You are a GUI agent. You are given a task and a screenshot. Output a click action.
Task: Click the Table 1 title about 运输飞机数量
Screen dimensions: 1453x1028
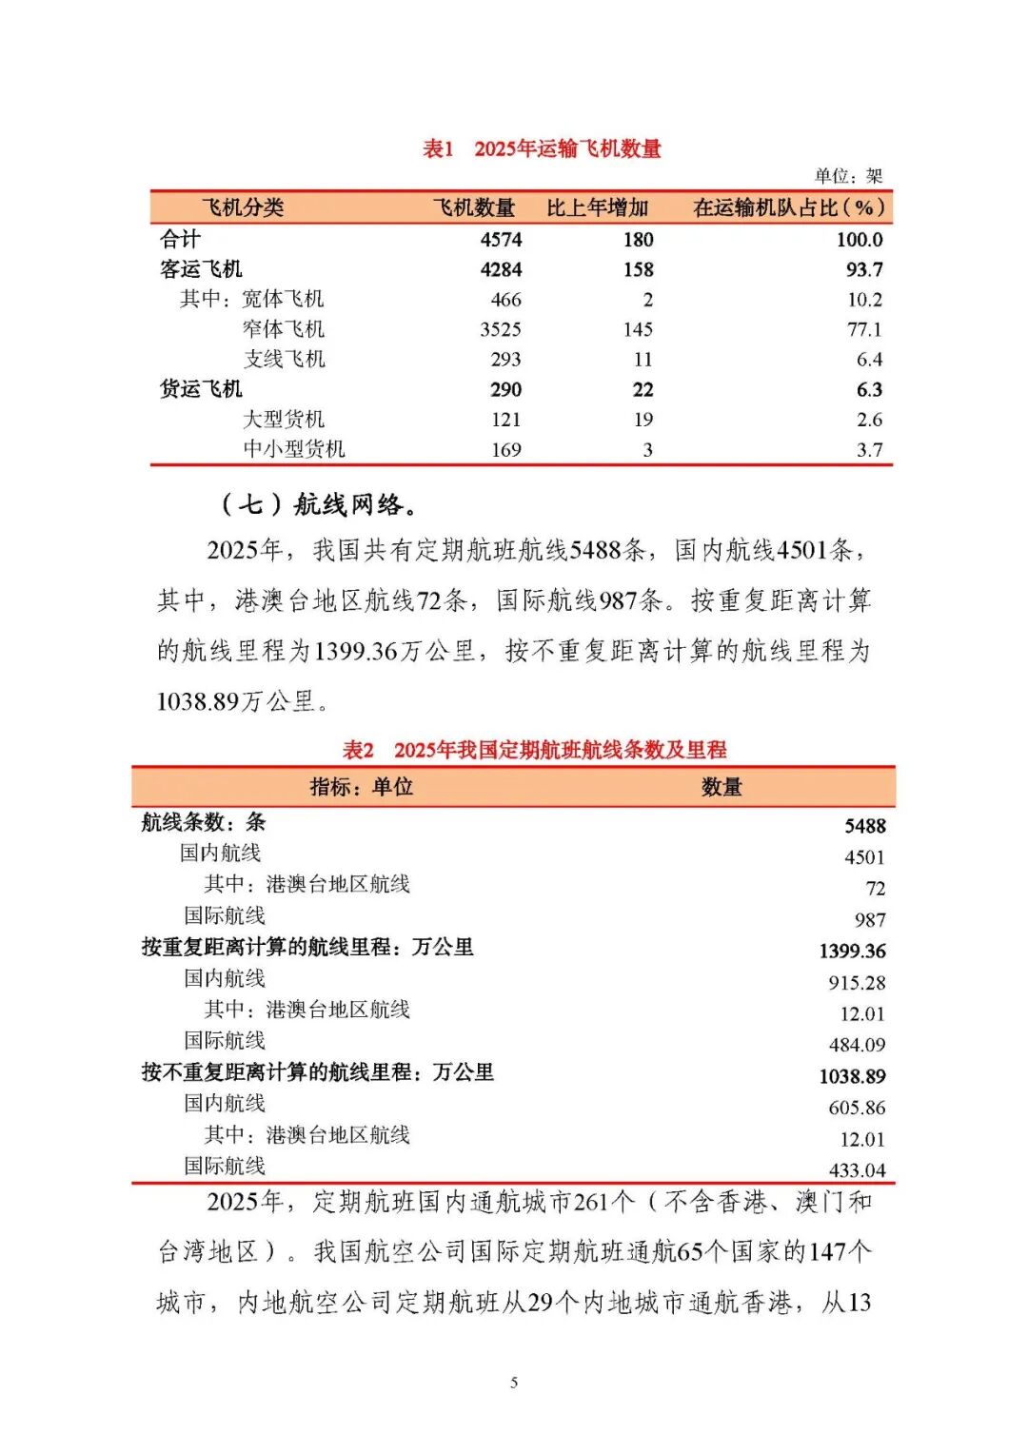pos(542,148)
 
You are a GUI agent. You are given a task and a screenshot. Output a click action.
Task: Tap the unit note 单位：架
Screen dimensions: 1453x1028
pos(848,176)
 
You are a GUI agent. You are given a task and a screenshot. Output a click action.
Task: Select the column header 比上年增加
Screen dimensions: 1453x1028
pos(597,207)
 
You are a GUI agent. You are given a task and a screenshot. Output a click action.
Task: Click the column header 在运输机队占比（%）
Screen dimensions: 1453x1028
pos(789,207)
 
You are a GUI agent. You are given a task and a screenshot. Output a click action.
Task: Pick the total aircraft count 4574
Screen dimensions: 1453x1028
pos(501,240)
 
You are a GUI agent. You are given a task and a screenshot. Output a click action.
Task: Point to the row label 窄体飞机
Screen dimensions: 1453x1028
pos(284,329)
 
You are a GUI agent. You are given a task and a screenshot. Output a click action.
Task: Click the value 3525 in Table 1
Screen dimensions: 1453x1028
pos(501,329)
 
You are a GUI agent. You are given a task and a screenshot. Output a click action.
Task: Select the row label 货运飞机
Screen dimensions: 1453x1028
pos(201,389)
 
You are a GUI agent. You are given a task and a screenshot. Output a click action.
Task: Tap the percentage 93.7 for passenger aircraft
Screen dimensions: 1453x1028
pos(864,269)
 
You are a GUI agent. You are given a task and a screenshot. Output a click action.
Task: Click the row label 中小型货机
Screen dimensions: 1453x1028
pos(293,449)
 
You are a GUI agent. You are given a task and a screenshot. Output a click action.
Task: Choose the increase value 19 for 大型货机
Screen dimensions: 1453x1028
pos(643,420)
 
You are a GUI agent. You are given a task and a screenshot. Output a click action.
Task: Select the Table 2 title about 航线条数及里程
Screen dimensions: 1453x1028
pos(534,750)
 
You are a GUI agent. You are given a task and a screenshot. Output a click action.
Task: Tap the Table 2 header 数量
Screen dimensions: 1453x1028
pos(722,787)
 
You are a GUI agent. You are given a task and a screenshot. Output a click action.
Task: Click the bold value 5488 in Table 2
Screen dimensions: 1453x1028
pos(864,826)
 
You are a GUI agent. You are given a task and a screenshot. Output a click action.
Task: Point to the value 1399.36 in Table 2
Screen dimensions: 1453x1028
pos(852,951)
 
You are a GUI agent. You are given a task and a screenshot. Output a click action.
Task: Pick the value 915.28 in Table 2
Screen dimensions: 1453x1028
pos(857,982)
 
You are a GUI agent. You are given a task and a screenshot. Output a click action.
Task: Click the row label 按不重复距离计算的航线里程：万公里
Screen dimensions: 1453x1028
pos(318,1072)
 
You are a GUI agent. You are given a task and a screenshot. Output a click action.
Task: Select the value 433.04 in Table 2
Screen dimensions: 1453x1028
pos(857,1169)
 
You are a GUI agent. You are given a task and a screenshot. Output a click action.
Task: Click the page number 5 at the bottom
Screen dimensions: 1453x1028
pos(514,1382)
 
